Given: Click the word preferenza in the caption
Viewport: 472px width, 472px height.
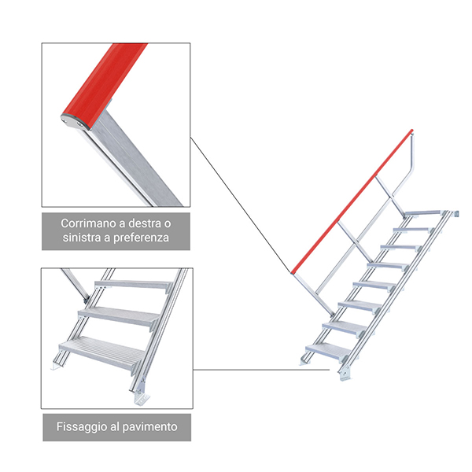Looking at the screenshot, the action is (x=141, y=238).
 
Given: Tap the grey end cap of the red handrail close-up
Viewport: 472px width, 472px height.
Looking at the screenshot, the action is (x=74, y=122).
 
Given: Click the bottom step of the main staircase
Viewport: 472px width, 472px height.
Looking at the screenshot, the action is (x=329, y=352).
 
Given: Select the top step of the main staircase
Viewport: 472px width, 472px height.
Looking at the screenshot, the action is (x=425, y=213).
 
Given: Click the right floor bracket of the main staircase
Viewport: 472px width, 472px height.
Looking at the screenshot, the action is (x=345, y=374).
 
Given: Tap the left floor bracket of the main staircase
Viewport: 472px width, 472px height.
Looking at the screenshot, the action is (x=304, y=361).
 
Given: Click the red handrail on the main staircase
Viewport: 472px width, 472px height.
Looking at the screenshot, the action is (x=352, y=201).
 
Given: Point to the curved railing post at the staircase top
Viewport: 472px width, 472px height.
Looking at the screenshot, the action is (x=407, y=168).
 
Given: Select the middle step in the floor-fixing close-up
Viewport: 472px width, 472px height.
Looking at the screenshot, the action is (x=120, y=317).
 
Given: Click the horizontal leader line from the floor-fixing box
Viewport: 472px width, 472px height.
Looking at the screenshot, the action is (x=261, y=370).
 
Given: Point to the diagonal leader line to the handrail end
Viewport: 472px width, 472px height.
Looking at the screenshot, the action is (x=241, y=205).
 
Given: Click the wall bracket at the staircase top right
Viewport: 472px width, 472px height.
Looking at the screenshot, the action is (x=456, y=213).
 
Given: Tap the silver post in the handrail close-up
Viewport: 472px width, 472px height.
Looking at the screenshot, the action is (x=135, y=160).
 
